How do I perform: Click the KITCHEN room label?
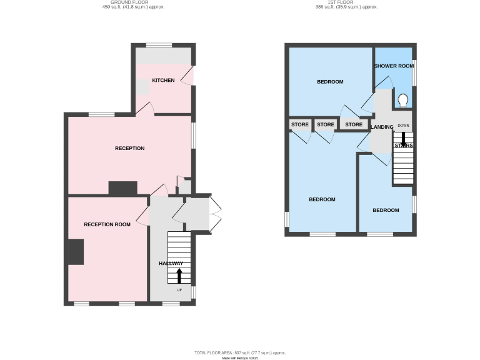[x=163, y=81]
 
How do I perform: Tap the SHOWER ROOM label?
[x=393, y=66]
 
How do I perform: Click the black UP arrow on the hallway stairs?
[x=179, y=276]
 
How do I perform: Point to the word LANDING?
[x=382, y=127]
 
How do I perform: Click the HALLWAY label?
[x=171, y=264]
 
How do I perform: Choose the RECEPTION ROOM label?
[x=107, y=224]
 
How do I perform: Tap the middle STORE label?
[x=326, y=124]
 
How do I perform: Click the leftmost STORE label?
[x=300, y=124]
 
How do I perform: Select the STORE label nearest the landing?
[x=354, y=124]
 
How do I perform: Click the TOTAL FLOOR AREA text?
[x=240, y=353]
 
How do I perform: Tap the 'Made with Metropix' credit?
[x=240, y=358]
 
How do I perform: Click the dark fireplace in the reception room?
[x=76, y=252]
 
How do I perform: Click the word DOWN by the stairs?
[x=403, y=126]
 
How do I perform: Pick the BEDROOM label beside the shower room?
[x=330, y=82]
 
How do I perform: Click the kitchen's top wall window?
[x=159, y=44]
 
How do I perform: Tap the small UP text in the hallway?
[x=179, y=291]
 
